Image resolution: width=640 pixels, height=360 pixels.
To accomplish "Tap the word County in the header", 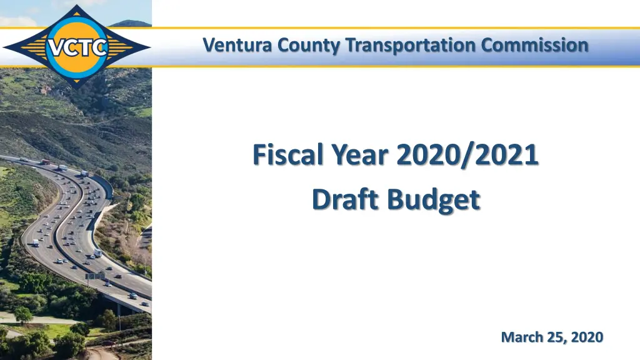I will (299, 46).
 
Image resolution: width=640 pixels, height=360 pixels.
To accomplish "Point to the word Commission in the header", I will (536, 46).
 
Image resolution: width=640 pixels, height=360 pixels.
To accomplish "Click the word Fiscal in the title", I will (285, 155).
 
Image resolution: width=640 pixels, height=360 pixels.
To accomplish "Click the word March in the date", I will (522, 337).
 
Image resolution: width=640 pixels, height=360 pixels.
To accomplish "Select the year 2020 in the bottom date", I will (588, 337).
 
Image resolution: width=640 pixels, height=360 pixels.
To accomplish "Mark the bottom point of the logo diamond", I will (76, 87).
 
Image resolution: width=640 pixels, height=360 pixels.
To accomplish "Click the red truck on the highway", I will (45, 162).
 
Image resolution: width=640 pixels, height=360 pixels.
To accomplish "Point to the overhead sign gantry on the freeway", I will (95, 276).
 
